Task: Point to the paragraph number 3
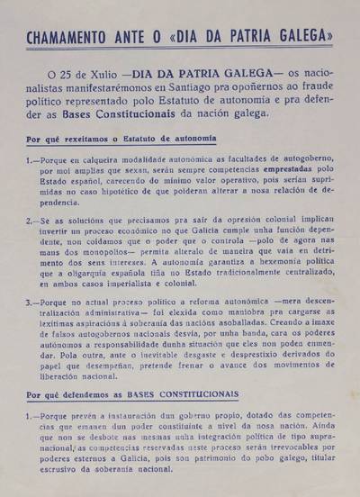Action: (x=31, y=304)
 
